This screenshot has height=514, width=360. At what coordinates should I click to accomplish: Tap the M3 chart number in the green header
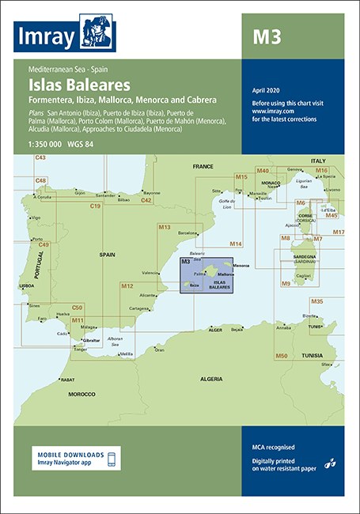(x=265, y=36)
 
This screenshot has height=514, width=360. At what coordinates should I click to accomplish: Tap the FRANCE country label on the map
(x=203, y=167)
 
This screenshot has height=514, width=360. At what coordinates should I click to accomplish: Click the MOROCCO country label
(x=81, y=393)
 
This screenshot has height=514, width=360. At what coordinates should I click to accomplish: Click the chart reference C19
(x=94, y=206)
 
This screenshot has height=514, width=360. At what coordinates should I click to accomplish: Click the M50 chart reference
(x=281, y=356)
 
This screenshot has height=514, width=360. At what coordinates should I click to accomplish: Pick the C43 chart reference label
(x=40, y=158)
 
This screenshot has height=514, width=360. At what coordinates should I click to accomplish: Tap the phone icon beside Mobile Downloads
(x=111, y=459)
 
